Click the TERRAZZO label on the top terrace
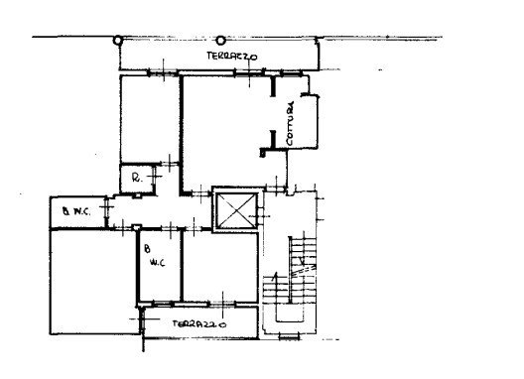pyautogui.click(x=232, y=57)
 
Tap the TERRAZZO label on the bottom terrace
pyautogui.click(x=199, y=323)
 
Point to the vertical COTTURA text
pyautogui.click(x=290, y=123)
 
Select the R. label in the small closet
pyautogui.click(x=137, y=179)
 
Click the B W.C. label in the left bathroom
pyautogui.click(x=76, y=211)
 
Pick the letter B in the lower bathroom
pyautogui.click(x=147, y=249)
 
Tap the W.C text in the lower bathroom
pyautogui.click(x=158, y=263)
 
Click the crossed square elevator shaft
pyautogui.click(x=235, y=210)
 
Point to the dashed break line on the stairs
pyautogui.click(x=303, y=271)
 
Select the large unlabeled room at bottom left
pyautogui.click(x=93, y=282)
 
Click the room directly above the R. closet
pyautogui.click(x=150, y=119)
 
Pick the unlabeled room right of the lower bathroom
pyautogui.click(x=220, y=267)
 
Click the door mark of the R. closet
pyautogui.click(x=155, y=177)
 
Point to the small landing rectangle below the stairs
pyautogui.click(x=290, y=314)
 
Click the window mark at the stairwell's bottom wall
pyautogui.click(x=290, y=336)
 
